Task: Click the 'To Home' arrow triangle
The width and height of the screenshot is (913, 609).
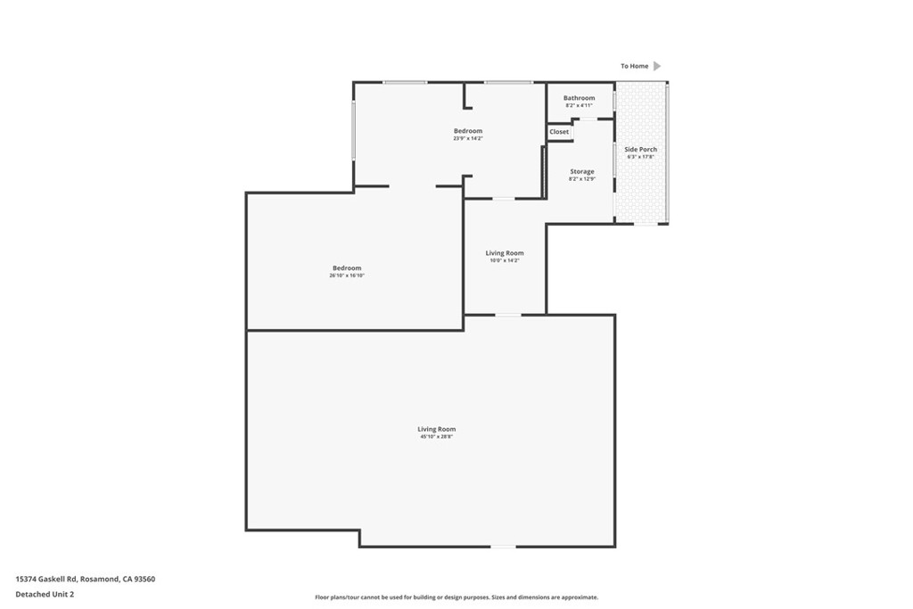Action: pyautogui.click(x=657, y=66)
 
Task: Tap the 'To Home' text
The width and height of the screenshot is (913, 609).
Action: pyautogui.click(x=635, y=66)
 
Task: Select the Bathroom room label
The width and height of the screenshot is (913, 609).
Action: pyautogui.click(x=579, y=98)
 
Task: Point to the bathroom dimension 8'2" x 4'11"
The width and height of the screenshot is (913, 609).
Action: pyautogui.click(x=579, y=106)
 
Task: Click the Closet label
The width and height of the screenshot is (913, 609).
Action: pyautogui.click(x=559, y=132)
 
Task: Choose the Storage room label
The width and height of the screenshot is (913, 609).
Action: pyautogui.click(x=581, y=171)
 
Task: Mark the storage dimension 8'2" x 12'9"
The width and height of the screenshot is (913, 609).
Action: pyautogui.click(x=581, y=179)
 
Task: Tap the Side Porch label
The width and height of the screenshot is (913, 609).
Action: pyautogui.click(x=640, y=149)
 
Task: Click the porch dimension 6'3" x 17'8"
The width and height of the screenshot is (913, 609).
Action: pyautogui.click(x=640, y=157)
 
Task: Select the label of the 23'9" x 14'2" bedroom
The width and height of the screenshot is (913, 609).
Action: pyautogui.click(x=467, y=131)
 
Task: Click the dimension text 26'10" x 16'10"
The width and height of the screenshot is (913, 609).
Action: pyautogui.click(x=347, y=276)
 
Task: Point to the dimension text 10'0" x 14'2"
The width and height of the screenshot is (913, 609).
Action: pyautogui.click(x=504, y=260)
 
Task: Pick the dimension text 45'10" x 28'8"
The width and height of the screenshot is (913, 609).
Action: pyautogui.click(x=436, y=437)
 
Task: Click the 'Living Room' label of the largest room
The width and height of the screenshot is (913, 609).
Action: pyautogui.click(x=436, y=429)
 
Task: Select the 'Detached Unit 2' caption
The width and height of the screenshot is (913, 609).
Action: pyautogui.click(x=45, y=594)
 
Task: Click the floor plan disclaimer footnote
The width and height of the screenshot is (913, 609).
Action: pyautogui.click(x=456, y=597)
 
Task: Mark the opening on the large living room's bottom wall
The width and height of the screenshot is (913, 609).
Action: pyautogui.click(x=504, y=547)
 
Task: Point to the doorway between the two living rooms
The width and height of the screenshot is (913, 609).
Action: pyautogui.click(x=508, y=315)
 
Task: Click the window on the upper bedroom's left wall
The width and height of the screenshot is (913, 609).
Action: pyautogui.click(x=354, y=130)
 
